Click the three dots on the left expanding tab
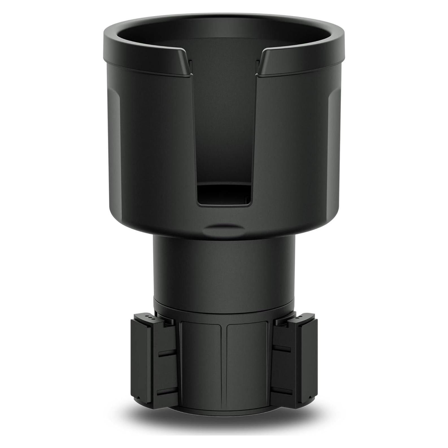point(149,317)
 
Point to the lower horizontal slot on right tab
point(282,390)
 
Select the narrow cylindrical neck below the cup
point(224,268)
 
